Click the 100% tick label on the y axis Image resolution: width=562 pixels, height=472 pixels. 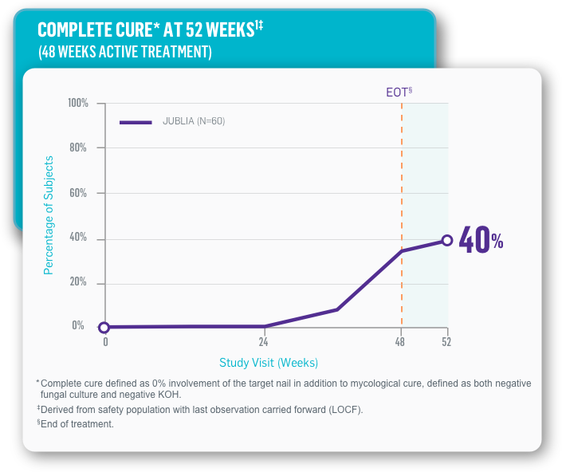77,104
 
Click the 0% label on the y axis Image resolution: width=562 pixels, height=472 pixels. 78,325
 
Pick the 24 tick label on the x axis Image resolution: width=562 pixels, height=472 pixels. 263,342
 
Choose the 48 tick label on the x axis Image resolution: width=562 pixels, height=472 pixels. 400,342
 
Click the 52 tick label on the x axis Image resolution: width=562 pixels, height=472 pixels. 447,342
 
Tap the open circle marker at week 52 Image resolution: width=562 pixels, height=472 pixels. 447,240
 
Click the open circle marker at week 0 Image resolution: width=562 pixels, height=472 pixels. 104,327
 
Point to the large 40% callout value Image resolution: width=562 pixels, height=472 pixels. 481,241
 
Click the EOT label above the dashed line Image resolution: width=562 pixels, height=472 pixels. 397,92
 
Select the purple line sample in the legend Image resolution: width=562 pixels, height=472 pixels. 136,122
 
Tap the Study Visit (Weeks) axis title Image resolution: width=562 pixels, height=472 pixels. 269,363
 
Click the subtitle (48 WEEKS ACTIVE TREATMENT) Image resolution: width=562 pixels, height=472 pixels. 125,52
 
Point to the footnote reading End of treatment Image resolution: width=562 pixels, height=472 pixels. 77,424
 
